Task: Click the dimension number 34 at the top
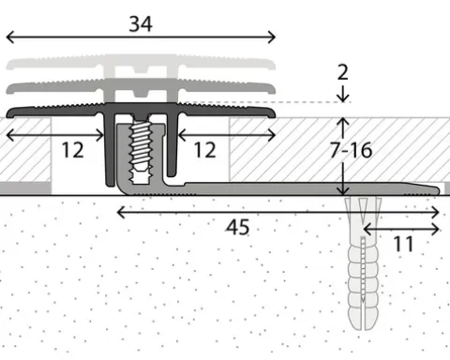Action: coord(141,24)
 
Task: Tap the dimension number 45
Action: coord(237,227)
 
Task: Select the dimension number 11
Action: coord(403,244)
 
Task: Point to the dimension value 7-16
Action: coord(352,150)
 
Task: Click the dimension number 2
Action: coord(343,72)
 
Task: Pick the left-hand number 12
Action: coord(73,150)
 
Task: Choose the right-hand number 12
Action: coord(205,150)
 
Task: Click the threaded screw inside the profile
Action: coord(141,152)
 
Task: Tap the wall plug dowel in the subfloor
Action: coord(363,263)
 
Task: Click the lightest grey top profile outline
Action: coord(141,64)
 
